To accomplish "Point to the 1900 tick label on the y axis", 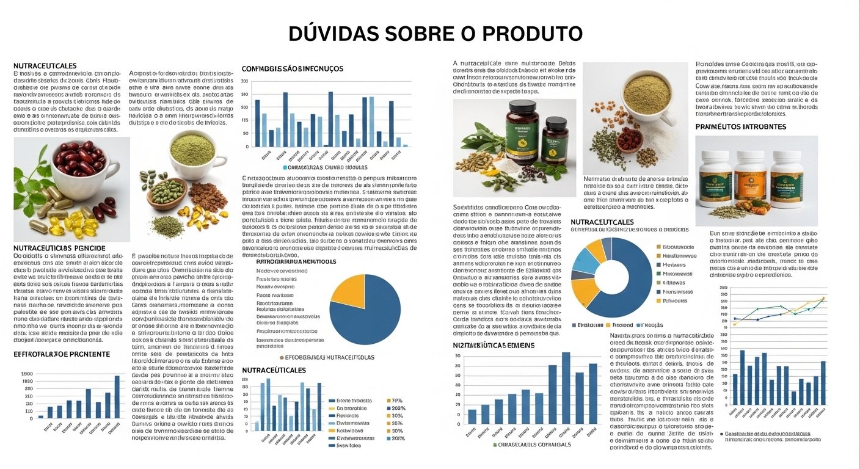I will click(x=27, y=374).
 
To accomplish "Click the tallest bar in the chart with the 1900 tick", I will click(x=117, y=396).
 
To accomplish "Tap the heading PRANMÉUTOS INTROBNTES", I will click(x=740, y=126).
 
